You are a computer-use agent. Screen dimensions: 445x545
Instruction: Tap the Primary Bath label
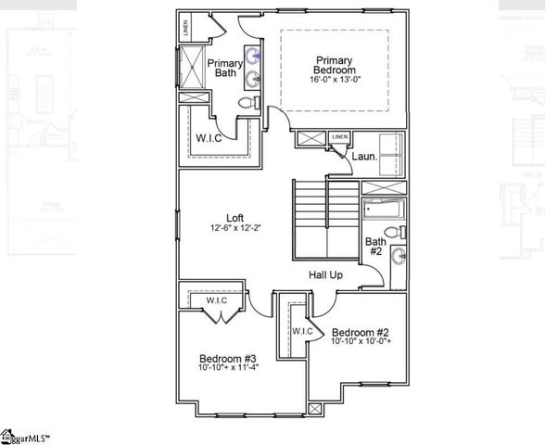coord(224,69)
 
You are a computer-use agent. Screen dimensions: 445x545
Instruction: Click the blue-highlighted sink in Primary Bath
coord(253,54)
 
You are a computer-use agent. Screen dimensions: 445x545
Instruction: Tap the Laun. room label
coord(363,157)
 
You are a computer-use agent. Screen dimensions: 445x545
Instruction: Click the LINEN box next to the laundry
coord(340,138)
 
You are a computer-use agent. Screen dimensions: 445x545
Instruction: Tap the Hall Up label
coord(326,275)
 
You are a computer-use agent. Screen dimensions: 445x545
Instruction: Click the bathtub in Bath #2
coord(381,209)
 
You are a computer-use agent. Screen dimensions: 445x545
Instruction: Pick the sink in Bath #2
coord(399,257)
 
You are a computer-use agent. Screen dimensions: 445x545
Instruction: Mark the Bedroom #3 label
coord(227,358)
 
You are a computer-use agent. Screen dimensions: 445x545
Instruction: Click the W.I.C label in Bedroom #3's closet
coord(217,300)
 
